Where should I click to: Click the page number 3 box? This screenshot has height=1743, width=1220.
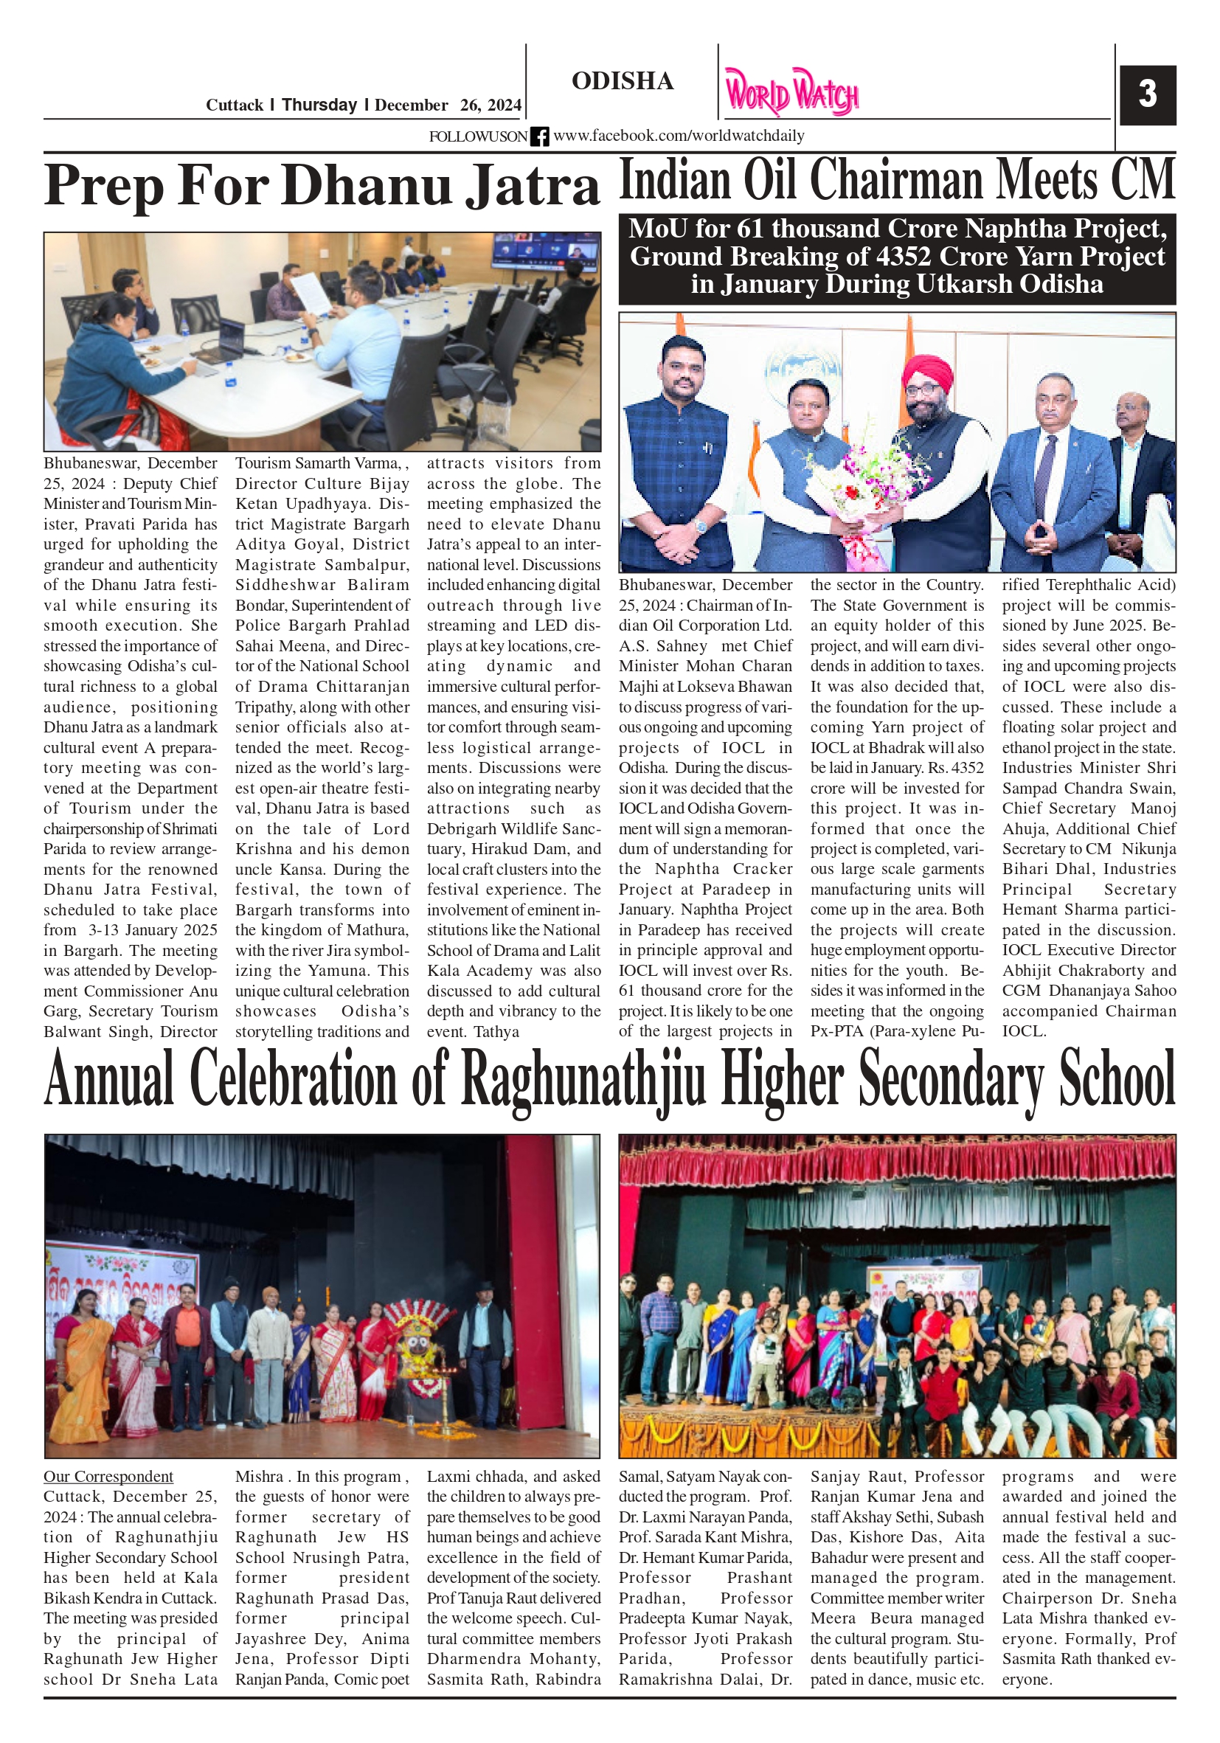(1147, 95)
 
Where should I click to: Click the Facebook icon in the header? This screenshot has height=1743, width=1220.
(539, 136)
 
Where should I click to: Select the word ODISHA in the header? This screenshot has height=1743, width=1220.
(623, 81)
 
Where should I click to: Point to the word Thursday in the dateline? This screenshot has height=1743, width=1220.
(319, 105)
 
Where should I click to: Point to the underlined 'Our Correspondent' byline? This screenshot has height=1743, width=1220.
(108, 1476)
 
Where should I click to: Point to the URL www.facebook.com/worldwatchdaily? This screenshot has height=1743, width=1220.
(679, 136)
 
